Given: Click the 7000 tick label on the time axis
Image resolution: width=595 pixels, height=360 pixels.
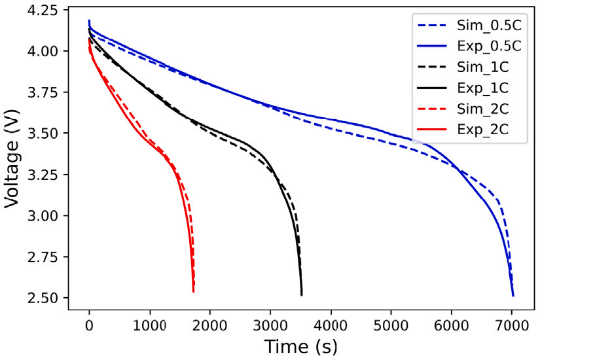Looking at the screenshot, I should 512,323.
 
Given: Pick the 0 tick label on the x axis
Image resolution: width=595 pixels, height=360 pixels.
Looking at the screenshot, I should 89,323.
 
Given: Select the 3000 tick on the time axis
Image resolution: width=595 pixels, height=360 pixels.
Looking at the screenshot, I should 270,323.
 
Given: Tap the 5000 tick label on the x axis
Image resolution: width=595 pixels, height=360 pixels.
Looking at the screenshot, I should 391,323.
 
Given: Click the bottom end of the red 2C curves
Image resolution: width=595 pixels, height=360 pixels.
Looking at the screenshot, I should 194,291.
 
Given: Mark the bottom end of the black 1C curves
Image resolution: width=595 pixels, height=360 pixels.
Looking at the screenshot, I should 301,295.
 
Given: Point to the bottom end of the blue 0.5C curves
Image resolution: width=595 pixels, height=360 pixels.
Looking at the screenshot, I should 513,296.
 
